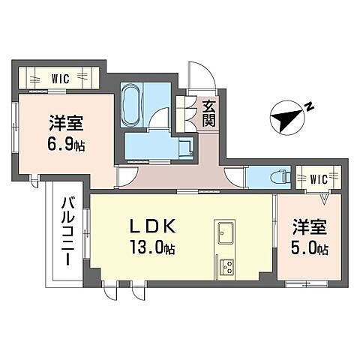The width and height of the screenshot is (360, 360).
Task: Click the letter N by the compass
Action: pos(310,107)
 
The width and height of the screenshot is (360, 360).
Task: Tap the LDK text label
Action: pos(156,226)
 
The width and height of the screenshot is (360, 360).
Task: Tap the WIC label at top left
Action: pos(61,77)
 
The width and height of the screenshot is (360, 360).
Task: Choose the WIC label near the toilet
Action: pos(319,179)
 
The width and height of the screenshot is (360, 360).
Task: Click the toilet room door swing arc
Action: pos(234,178)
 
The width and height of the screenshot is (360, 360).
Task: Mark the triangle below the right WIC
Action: pos(324,199)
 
